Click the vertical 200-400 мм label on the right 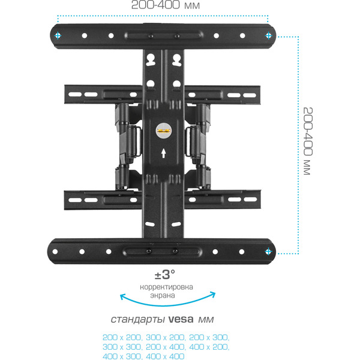pos(308,142)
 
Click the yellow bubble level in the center pos(164,127)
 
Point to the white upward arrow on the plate pos(164,153)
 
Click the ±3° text pos(165,275)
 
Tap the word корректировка pos(166,287)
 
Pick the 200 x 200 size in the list pos(119,337)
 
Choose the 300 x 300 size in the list pos(119,347)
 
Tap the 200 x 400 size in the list pos(163,347)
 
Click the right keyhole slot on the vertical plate pos(176,59)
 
